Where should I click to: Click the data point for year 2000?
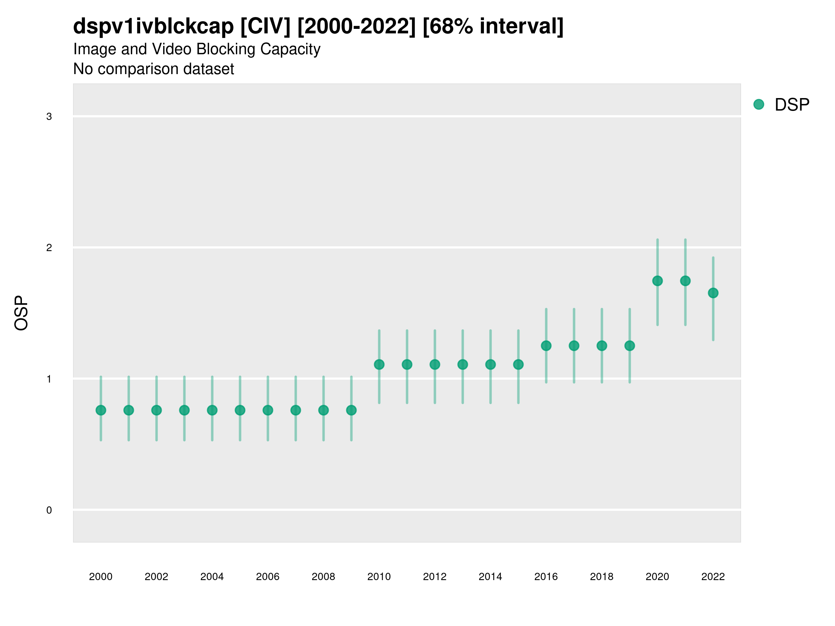(x=101, y=410)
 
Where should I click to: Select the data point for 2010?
(x=379, y=364)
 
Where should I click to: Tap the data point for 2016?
(x=546, y=346)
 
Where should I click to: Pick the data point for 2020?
(x=657, y=281)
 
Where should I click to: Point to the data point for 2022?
(x=713, y=293)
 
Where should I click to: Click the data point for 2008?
(x=324, y=410)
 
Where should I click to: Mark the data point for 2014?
(x=490, y=364)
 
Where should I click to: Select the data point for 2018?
(x=602, y=346)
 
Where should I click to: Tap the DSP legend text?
(x=792, y=105)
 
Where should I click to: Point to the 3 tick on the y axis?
(x=49, y=117)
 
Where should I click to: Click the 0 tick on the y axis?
(x=49, y=510)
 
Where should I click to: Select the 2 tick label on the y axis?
(x=49, y=248)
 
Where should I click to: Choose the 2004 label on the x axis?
(x=212, y=577)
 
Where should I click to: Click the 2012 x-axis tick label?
(x=435, y=577)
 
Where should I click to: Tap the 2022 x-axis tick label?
(x=713, y=577)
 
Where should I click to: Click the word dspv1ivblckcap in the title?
(x=153, y=26)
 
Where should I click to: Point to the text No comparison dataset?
(x=154, y=69)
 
